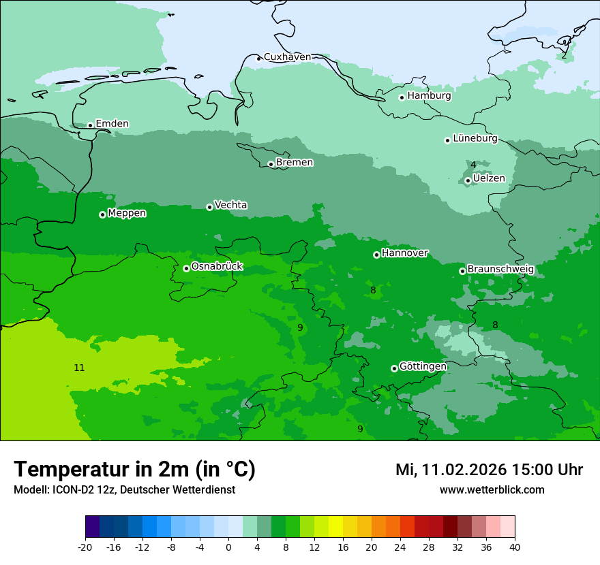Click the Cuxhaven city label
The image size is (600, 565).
click(287, 57)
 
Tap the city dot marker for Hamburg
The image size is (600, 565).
click(402, 97)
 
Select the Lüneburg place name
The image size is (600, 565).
click(475, 139)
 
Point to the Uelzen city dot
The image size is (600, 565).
click(468, 180)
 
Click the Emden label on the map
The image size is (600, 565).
click(112, 124)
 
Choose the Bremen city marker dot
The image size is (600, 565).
click(271, 164)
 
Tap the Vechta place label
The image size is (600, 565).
click(230, 205)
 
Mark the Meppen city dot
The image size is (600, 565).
click(102, 214)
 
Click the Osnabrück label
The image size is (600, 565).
click(217, 267)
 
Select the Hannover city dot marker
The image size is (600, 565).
click(376, 255)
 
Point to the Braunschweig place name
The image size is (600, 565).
click(500, 270)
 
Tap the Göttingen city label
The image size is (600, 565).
click(423, 367)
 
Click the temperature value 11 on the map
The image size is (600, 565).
click(79, 368)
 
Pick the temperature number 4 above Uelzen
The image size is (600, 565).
click(473, 165)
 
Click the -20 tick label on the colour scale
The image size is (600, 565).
click(85, 547)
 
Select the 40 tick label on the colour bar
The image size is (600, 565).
click(515, 547)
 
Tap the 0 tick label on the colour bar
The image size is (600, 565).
click(228, 547)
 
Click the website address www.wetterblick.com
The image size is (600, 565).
click(492, 490)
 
